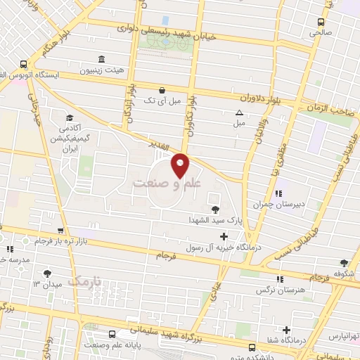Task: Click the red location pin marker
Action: tap(181, 165)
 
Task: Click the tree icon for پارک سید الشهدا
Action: tap(214, 209)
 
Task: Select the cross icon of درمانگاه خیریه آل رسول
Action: tap(224, 236)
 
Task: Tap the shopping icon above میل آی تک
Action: tap(162, 90)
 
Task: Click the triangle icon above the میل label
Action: tap(240, 112)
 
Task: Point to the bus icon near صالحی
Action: tap(321, 21)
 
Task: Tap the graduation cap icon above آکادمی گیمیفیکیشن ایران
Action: tap(70, 118)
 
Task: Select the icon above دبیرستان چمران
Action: tap(278, 193)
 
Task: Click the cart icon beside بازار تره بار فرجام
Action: tap(60, 230)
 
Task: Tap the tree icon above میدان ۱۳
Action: tap(47, 273)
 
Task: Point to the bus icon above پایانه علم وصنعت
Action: tap(112, 334)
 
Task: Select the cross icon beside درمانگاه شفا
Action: tap(286, 330)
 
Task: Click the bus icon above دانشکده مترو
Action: tap(252, 346)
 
